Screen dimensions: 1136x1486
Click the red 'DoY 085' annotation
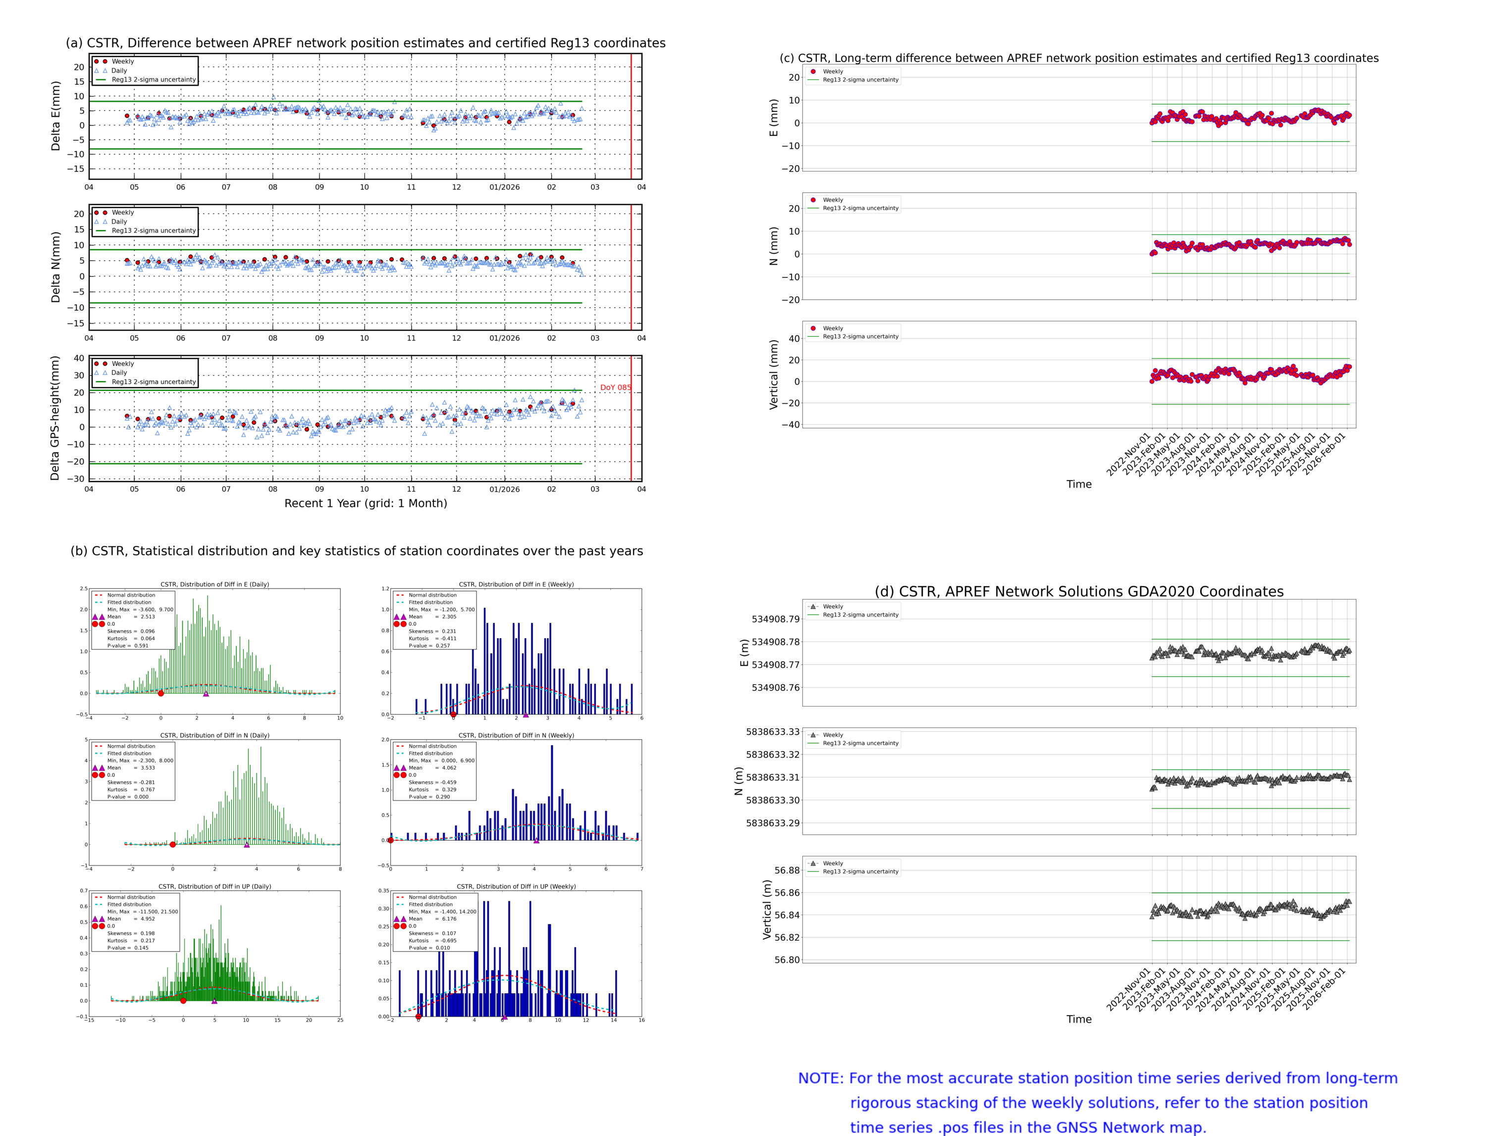pyautogui.click(x=615, y=387)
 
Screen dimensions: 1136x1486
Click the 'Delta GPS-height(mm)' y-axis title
pyautogui.click(x=55, y=418)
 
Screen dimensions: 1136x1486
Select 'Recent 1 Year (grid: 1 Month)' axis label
pyautogui.click(x=365, y=503)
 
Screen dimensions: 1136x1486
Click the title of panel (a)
pyautogui.click(x=365, y=43)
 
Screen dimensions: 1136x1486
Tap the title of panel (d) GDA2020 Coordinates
pyautogui.click(x=1079, y=592)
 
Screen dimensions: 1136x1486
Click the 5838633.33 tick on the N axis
pyautogui.click(x=772, y=732)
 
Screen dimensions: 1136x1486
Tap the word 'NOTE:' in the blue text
pyautogui.click(x=820, y=1078)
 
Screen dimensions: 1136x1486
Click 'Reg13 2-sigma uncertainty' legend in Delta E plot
pyautogui.click(x=154, y=80)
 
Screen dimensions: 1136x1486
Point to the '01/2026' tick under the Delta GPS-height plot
pyautogui.click(x=504, y=489)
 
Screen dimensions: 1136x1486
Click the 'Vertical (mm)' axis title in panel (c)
pyautogui.click(x=773, y=374)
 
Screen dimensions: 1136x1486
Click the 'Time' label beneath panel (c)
pyautogui.click(x=1079, y=484)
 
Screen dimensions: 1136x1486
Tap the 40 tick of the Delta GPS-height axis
pyautogui.click(x=79, y=358)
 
